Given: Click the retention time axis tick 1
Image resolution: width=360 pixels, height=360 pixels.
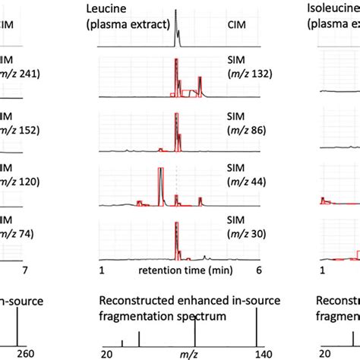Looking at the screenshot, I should (101, 270).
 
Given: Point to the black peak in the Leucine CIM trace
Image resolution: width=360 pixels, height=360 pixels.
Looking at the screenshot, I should (176, 23).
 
